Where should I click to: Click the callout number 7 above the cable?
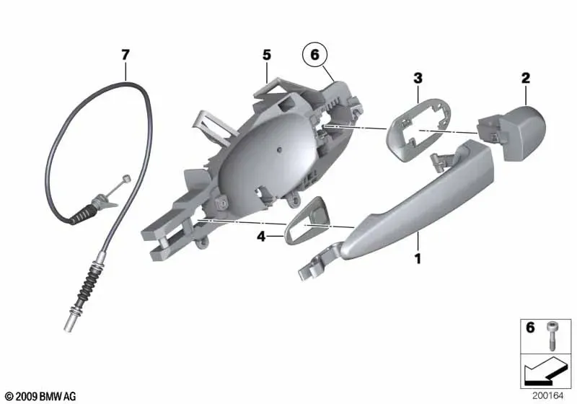tap(125, 56)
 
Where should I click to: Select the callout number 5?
tap(266, 56)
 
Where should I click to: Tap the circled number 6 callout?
tap(314, 55)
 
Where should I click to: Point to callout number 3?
tap(418, 78)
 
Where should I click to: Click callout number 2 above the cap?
tap(526, 78)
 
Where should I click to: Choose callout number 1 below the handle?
tap(418, 259)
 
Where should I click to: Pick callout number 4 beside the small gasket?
tap(261, 236)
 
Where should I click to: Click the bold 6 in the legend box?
tap(530, 327)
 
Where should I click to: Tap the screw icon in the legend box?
tap(551, 336)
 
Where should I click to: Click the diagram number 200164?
tap(547, 396)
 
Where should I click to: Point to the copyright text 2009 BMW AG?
tap(41, 397)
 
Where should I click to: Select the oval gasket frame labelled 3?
tap(418, 129)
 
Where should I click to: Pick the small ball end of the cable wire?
tap(128, 178)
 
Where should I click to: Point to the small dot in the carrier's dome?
tap(280, 149)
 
